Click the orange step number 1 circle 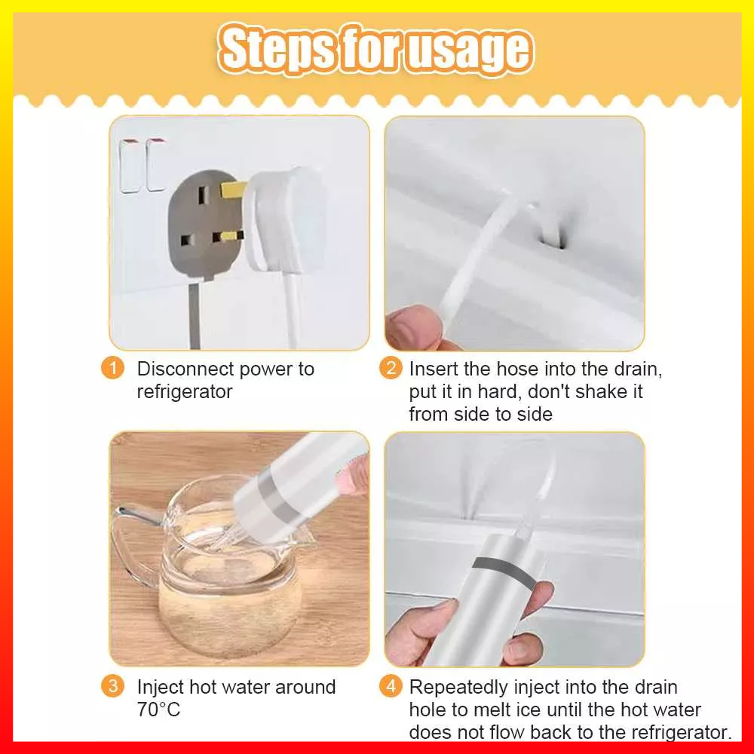click(x=112, y=369)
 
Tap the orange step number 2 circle click(x=391, y=368)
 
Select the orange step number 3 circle click(x=112, y=686)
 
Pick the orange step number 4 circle click(x=391, y=686)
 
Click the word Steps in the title click(x=277, y=49)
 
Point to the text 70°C click(x=158, y=710)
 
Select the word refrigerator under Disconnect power click(x=185, y=391)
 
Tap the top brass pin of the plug click(x=234, y=189)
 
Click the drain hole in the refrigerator click(x=556, y=235)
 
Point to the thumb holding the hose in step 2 click(x=412, y=327)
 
